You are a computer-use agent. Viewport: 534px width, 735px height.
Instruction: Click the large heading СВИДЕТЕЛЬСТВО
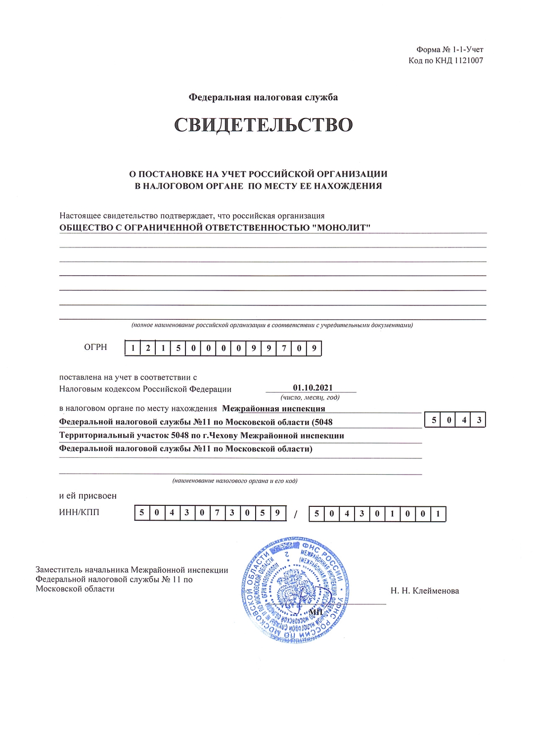pyautogui.click(x=264, y=125)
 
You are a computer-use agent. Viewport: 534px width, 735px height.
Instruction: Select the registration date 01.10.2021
pyautogui.click(x=312, y=388)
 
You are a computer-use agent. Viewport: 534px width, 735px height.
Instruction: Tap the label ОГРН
pyautogui.click(x=95, y=347)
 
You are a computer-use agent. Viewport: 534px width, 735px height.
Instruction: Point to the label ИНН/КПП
pyautogui.click(x=79, y=512)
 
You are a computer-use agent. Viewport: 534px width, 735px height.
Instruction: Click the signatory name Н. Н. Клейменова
pyautogui.click(x=425, y=590)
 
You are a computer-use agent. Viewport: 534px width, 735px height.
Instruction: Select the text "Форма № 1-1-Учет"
pyautogui.click(x=449, y=49)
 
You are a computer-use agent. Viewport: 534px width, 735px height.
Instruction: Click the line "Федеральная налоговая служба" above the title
pyautogui.click(x=264, y=97)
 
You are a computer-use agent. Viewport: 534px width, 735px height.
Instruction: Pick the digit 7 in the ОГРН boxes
pyautogui.click(x=284, y=348)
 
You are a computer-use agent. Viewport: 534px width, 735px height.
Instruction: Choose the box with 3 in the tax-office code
pyautogui.click(x=479, y=420)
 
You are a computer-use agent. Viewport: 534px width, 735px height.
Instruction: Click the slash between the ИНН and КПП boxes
pyautogui.click(x=295, y=515)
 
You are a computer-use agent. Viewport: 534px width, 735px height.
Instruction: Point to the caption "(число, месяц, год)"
pyautogui.click(x=310, y=397)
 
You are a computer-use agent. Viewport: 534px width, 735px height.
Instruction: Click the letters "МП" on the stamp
pyautogui.click(x=315, y=612)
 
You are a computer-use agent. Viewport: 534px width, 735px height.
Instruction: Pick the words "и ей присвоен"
pyautogui.click(x=88, y=495)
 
